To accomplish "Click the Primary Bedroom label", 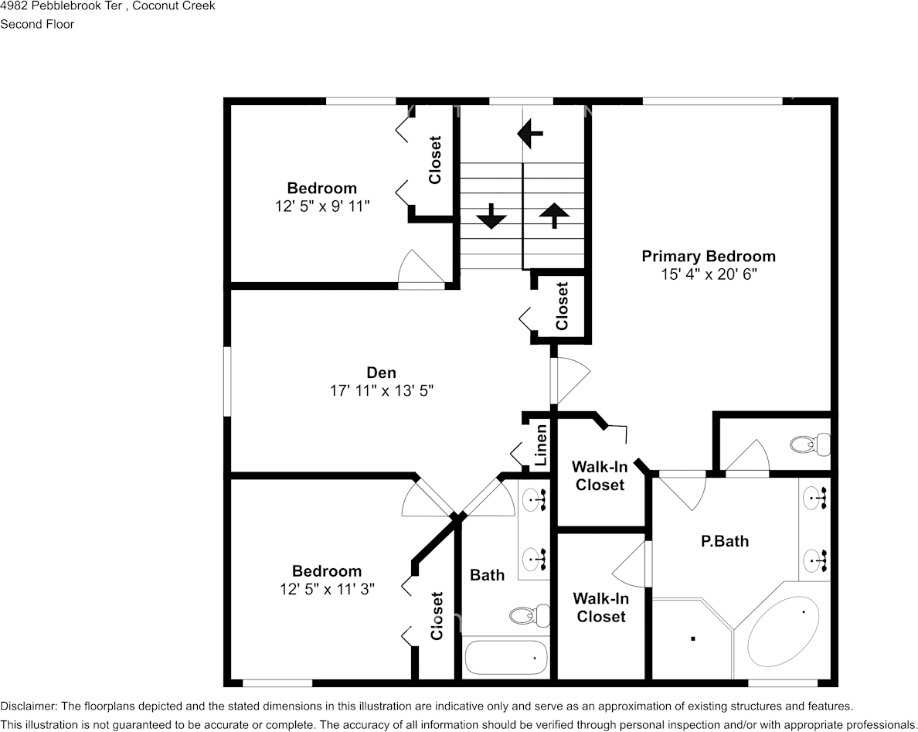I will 708,257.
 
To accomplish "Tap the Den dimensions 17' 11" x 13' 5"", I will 382,391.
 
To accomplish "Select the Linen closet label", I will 542,444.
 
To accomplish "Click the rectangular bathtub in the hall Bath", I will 506,657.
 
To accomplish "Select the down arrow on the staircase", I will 491,216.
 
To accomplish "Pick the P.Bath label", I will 724,541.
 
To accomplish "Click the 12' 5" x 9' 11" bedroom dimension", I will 322,206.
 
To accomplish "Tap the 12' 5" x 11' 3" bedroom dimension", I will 327,589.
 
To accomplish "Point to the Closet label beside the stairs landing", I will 562,305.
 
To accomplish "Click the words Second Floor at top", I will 37,24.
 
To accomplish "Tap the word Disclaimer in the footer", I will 28,706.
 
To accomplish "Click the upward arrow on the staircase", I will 552,216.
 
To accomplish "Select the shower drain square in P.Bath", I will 693,638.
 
